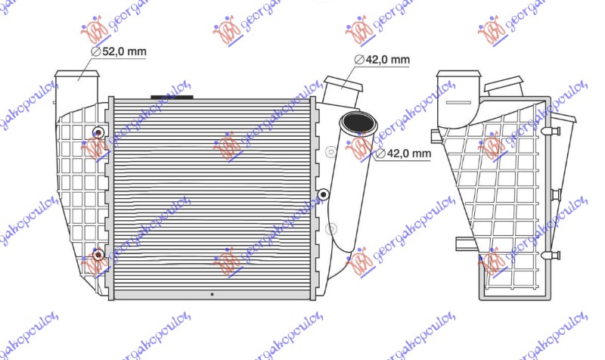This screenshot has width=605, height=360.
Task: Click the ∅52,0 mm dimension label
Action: pyautogui.click(x=119, y=51)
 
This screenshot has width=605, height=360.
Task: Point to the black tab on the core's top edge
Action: pyautogui.click(x=172, y=96)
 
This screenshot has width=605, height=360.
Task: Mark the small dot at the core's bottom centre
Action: pyautogui.click(x=213, y=295)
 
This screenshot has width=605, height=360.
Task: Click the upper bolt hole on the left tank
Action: pyautogui.click(x=97, y=133)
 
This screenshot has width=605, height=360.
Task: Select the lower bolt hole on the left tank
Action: pyautogui.click(x=97, y=253)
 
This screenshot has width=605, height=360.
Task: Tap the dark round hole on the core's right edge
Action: pyautogui.click(x=324, y=194)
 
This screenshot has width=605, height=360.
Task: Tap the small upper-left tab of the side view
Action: pyautogui.click(x=436, y=136)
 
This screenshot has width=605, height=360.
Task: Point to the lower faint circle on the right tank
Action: pyautogui.click(x=330, y=228)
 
